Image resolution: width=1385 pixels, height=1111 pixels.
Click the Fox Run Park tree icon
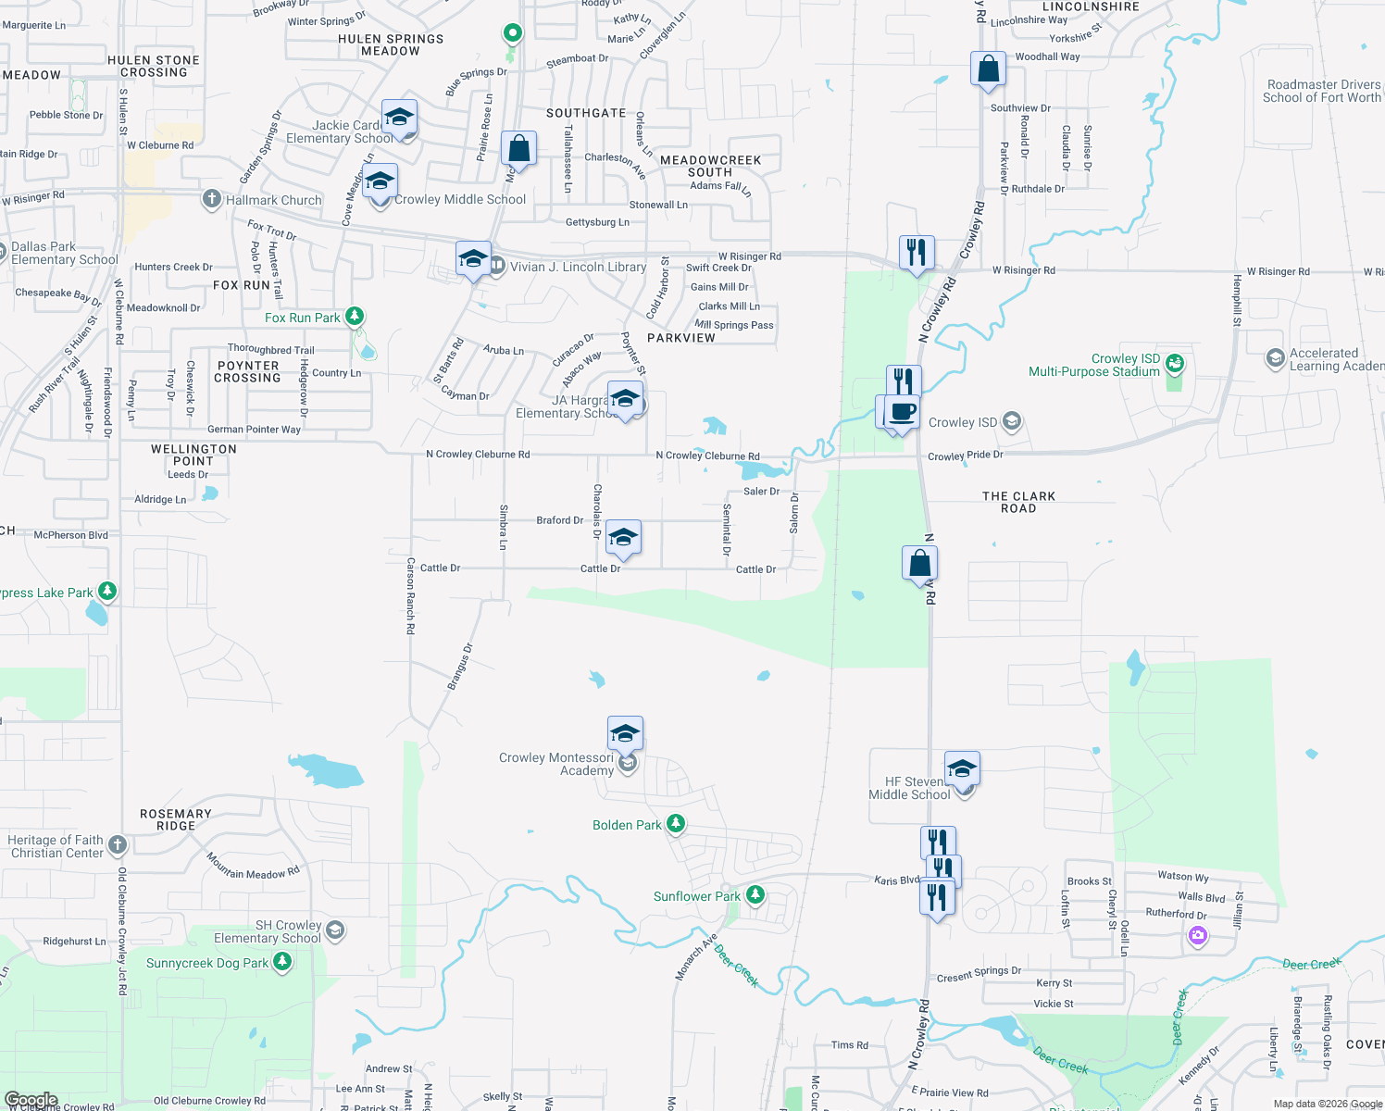(354, 317)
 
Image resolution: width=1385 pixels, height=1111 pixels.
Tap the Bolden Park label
(627, 825)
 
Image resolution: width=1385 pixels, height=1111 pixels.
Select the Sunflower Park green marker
(755, 895)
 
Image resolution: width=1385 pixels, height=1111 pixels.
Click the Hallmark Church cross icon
(212, 199)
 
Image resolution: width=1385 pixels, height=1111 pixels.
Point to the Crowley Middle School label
(460, 199)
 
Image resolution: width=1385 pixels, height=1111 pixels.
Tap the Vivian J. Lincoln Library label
(578, 267)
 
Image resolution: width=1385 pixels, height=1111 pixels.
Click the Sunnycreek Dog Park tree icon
(282, 962)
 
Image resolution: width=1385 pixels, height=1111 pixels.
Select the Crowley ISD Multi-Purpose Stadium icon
(1174, 362)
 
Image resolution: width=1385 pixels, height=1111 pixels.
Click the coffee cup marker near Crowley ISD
(902, 412)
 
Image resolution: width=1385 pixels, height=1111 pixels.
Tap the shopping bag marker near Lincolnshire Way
(988, 69)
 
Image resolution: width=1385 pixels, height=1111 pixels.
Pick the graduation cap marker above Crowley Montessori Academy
(625, 734)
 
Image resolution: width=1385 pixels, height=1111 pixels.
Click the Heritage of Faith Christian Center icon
(117, 844)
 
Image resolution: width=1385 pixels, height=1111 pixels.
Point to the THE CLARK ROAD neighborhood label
(1018, 502)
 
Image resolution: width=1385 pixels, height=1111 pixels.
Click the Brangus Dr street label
(460, 667)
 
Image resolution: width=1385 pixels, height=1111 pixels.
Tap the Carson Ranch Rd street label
(410, 595)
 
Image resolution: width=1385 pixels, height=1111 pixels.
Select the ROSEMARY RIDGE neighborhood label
(176, 819)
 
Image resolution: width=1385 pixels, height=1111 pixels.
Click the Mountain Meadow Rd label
(253, 867)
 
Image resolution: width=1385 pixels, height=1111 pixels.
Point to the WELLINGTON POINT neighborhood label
(193, 455)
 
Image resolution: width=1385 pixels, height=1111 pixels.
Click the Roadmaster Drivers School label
(1323, 91)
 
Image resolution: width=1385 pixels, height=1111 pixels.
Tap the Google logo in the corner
(31, 1100)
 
